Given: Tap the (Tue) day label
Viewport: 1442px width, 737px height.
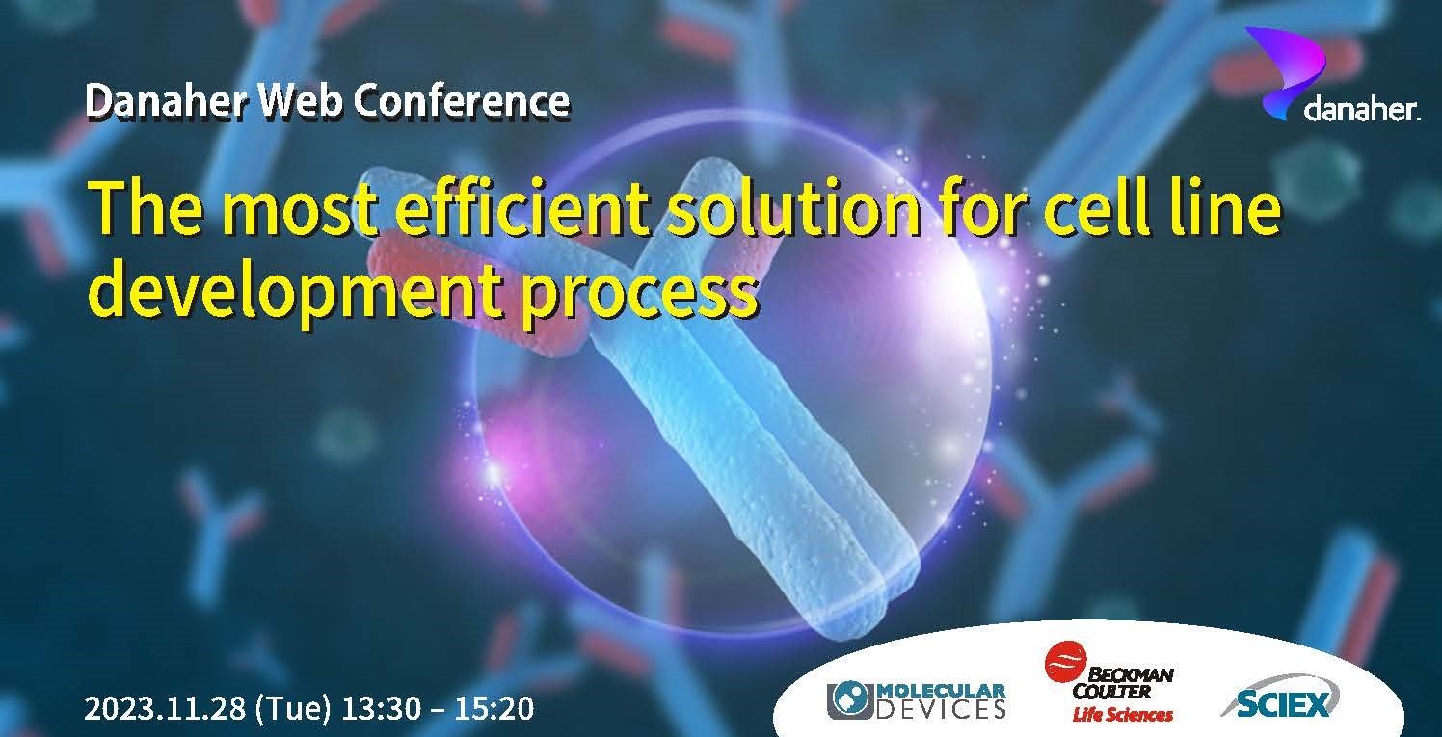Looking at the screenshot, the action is pyautogui.click(x=294, y=709).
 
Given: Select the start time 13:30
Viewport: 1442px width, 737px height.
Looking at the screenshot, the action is pyautogui.click(x=381, y=709).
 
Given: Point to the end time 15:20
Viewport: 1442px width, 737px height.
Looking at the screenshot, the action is pyautogui.click(x=494, y=709).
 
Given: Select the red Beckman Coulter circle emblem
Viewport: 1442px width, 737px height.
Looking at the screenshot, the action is pyautogui.click(x=1065, y=662).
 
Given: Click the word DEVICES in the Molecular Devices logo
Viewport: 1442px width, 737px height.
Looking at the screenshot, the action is pyautogui.click(x=941, y=709).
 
